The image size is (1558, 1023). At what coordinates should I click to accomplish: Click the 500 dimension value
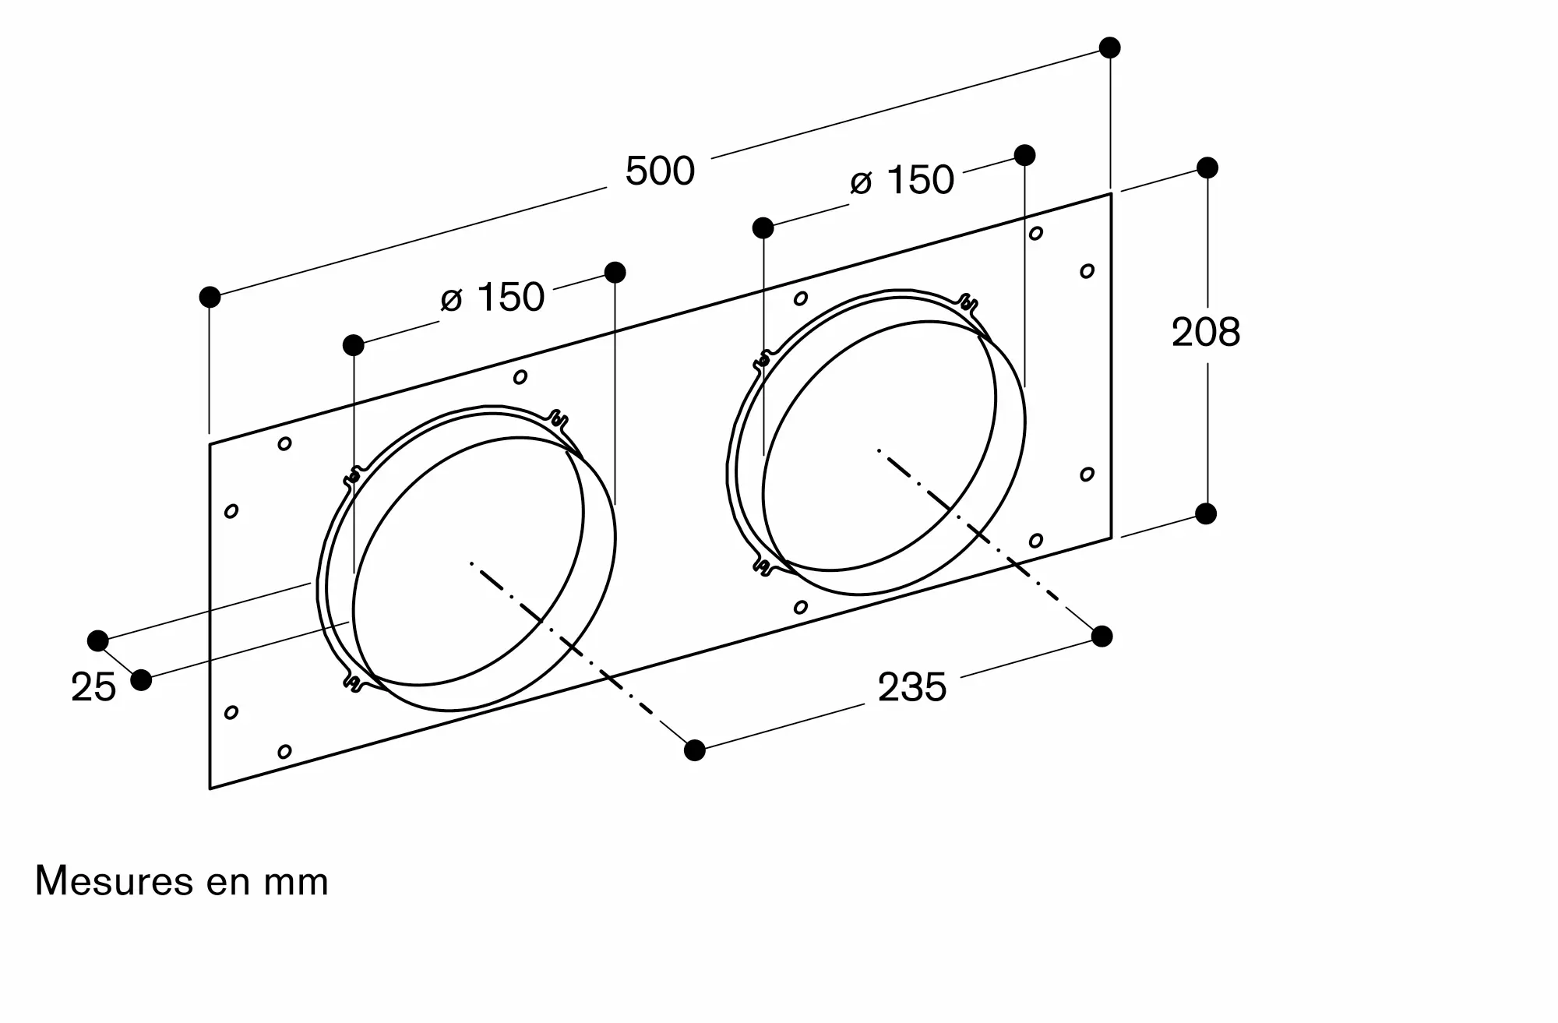click(x=660, y=171)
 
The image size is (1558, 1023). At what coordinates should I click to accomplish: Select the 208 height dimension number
click(x=1206, y=333)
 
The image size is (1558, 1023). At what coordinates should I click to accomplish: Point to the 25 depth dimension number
click(x=93, y=688)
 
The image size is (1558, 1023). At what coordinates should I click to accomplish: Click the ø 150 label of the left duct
click(x=492, y=298)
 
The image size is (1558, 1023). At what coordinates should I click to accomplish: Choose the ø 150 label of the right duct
click(x=902, y=181)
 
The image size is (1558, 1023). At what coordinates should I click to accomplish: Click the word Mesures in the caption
click(x=115, y=881)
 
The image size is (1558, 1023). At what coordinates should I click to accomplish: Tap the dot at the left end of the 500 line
click(x=210, y=297)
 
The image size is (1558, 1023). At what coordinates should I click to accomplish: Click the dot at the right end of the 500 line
click(x=1110, y=48)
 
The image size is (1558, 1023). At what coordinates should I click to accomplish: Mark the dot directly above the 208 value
click(x=1207, y=168)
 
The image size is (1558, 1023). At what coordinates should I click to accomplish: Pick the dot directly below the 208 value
click(x=1206, y=514)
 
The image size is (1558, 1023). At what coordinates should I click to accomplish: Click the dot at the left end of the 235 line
click(x=695, y=750)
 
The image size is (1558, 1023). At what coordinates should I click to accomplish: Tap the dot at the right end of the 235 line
click(x=1102, y=637)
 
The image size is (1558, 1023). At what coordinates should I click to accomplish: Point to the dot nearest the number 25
click(x=141, y=680)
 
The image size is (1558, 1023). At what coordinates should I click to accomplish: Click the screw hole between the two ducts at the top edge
click(x=520, y=377)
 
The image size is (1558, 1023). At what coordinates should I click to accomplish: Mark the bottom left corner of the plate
click(x=210, y=788)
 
